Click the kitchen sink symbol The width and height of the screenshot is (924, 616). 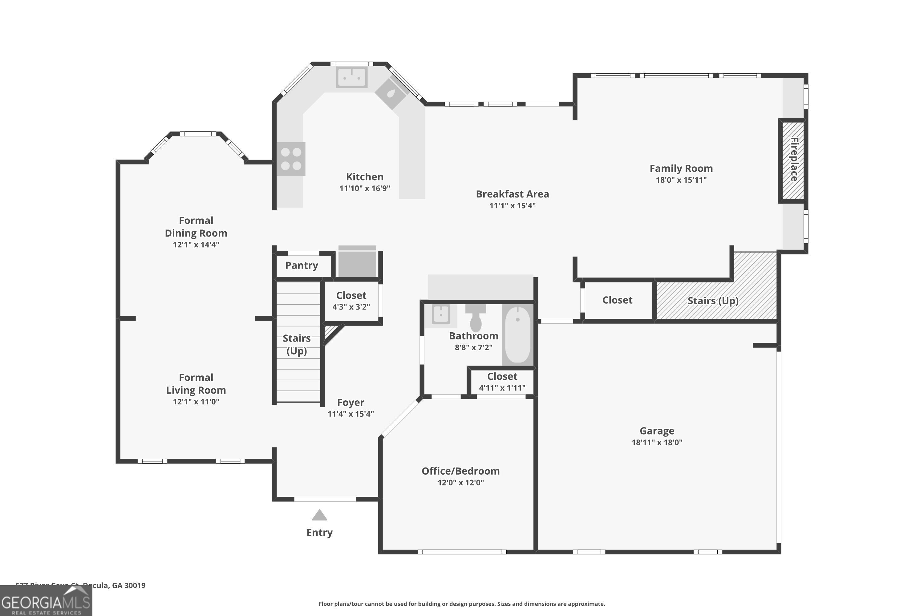tap(352, 77)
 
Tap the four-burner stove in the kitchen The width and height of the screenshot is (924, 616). tap(291, 159)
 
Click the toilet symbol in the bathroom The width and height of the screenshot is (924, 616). tap(476, 318)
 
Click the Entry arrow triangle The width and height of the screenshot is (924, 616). tap(319, 515)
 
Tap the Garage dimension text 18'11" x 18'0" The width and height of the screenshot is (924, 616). tap(657, 442)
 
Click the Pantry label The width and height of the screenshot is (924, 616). tap(302, 265)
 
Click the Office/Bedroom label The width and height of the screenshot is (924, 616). tap(460, 471)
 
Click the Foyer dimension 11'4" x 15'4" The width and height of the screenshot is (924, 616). tap(351, 414)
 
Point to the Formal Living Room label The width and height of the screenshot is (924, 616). tap(196, 384)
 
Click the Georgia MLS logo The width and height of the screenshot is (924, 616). tap(46, 601)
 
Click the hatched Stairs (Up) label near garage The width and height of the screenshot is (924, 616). tap(713, 301)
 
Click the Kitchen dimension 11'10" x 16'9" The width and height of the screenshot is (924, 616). tap(365, 188)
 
